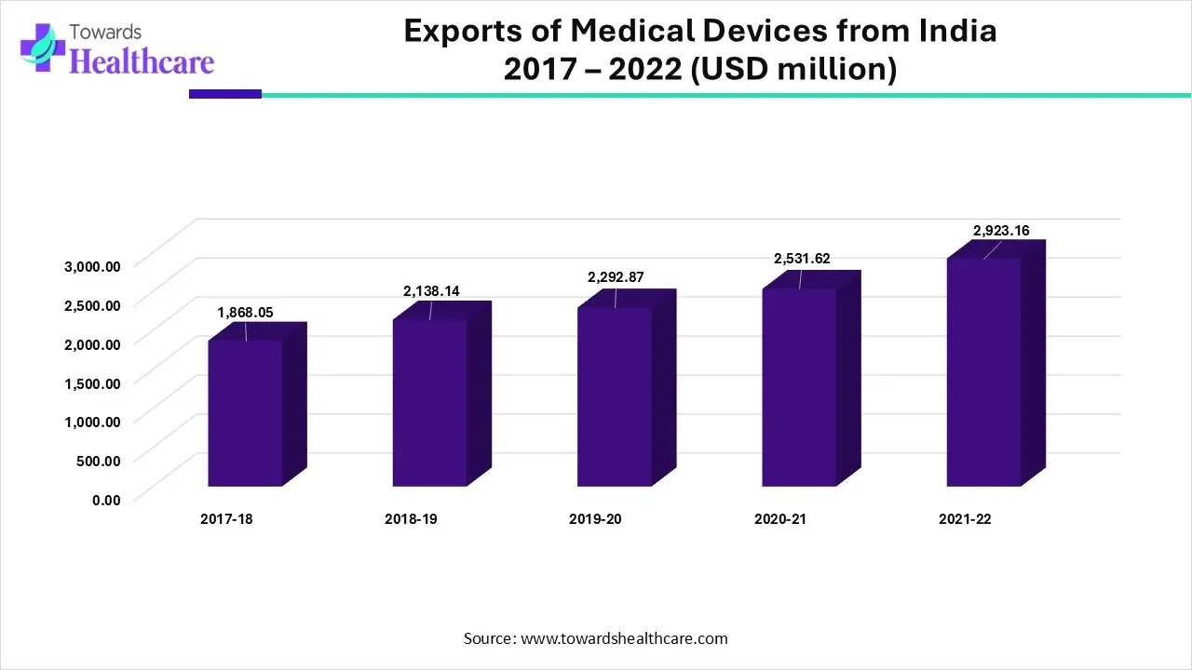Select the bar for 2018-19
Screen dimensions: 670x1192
[x=429, y=402]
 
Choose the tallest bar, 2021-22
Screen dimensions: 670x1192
[x=983, y=371]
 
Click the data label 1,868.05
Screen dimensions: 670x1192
[x=245, y=313]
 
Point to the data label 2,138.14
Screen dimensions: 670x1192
[x=431, y=291]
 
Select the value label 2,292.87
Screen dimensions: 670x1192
[x=615, y=277]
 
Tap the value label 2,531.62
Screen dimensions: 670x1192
[x=801, y=259]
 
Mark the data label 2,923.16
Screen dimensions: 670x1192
[x=1001, y=231]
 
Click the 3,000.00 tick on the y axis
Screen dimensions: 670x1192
[x=92, y=265]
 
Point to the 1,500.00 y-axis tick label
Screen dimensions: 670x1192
[x=92, y=382]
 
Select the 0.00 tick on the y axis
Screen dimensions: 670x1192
[x=106, y=500]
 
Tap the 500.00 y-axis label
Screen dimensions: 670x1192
[x=100, y=460]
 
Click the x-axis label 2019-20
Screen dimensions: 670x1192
[x=595, y=519]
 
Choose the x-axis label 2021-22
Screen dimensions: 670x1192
[x=965, y=519]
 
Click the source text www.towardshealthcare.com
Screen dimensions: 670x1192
[x=624, y=638]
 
